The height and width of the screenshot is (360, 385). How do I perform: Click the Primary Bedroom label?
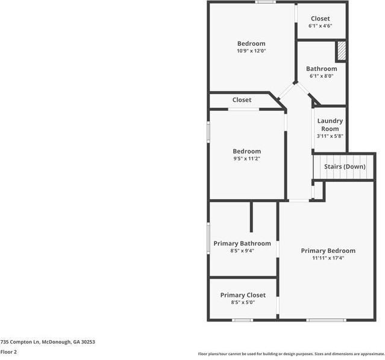328,250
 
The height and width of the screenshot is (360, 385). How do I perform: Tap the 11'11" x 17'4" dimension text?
328,258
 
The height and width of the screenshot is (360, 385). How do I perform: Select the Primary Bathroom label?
242,243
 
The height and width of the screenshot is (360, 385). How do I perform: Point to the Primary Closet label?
243,295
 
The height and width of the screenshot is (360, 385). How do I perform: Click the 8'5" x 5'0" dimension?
243,302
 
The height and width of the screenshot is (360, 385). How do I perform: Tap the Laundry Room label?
330,125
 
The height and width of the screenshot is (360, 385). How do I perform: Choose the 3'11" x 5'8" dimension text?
330,136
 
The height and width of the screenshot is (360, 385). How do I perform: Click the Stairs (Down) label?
345,167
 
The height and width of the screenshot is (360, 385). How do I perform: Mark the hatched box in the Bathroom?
342,51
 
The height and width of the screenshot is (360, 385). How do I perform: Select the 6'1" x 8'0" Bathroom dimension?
321,76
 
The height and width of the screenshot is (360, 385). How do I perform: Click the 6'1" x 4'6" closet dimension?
320,26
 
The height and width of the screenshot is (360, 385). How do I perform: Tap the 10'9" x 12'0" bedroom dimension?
251,51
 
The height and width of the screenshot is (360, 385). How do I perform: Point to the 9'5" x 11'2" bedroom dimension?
247,158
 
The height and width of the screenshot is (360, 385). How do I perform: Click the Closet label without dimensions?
242,100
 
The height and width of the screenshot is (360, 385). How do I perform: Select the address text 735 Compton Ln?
20,342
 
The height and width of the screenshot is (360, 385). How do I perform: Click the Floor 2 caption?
8,352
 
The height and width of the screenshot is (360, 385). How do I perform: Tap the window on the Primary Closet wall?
242,320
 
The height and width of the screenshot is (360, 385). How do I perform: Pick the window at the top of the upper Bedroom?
265,2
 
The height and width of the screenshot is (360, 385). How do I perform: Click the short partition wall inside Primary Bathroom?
251,217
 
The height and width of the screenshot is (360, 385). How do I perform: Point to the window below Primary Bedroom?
326,320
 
